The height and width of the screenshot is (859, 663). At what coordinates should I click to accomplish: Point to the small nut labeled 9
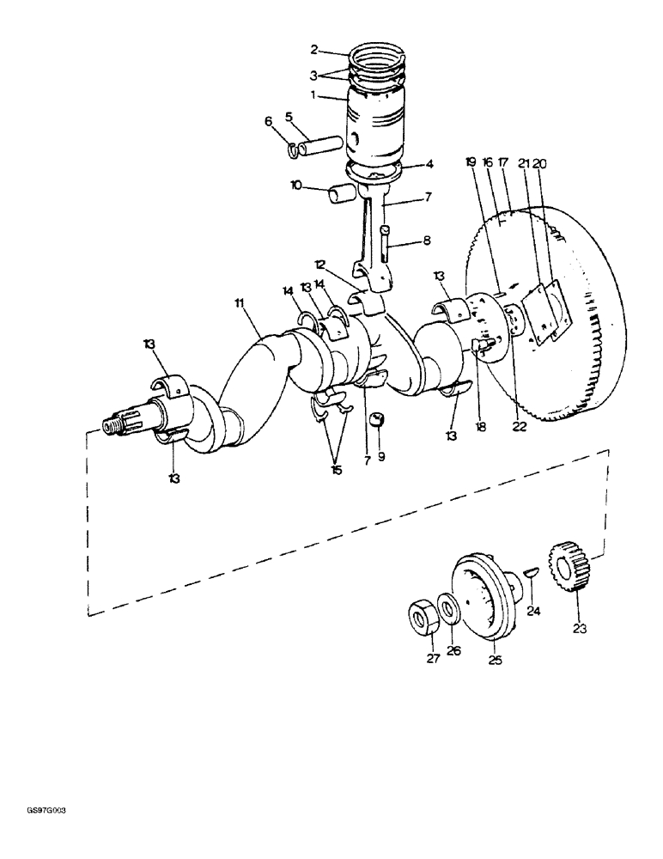pos(375,420)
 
